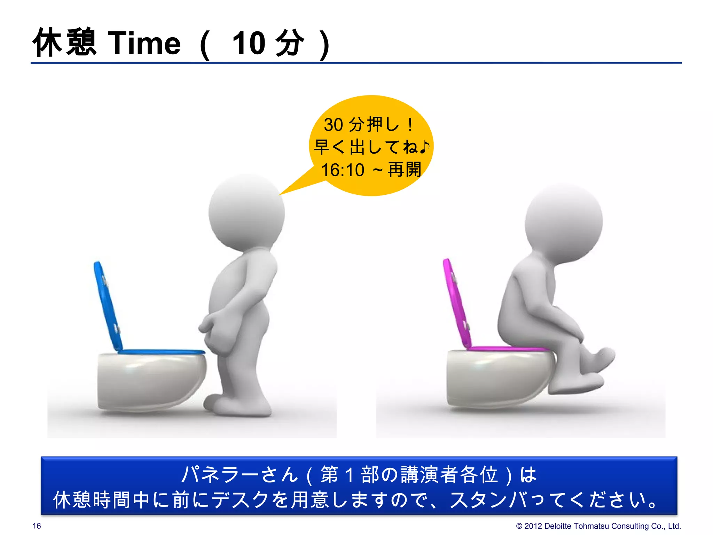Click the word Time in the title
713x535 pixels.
point(144,43)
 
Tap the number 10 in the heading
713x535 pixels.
point(249,43)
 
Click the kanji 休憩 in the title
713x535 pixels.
point(65,42)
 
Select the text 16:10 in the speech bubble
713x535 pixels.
point(343,170)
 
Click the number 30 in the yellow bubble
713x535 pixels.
point(333,125)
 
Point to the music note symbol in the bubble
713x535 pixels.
point(424,147)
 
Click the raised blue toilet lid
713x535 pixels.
point(108,307)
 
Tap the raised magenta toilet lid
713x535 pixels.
point(456,303)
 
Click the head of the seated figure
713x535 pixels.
point(563,223)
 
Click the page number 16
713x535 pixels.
point(37,526)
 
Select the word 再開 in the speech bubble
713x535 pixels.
point(404,170)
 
